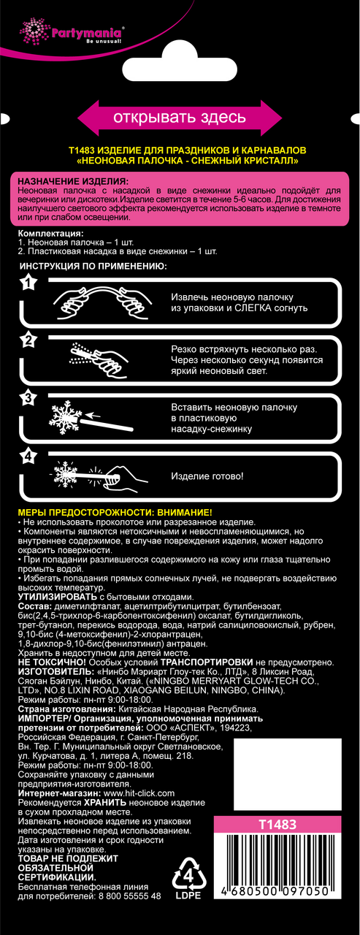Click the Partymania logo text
tap(86, 33)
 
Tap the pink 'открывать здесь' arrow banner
tap(180, 118)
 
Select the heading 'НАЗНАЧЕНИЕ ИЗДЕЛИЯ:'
tap(74, 182)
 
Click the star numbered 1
tap(28, 283)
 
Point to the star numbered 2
tap(28, 340)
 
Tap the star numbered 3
tap(28, 398)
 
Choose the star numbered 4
tap(28, 456)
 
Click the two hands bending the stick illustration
tap(103, 301)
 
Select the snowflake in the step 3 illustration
tap(65, 418)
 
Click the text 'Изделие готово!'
tap(207, 476)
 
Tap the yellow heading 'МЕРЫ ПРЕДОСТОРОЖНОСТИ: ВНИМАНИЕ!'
tap(115, 513)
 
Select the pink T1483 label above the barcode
tap(277, 825)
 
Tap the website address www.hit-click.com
tap(139, 793)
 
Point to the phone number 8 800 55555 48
tap(130, 896)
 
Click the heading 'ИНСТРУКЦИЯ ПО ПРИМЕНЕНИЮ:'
tap(93, 267)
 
